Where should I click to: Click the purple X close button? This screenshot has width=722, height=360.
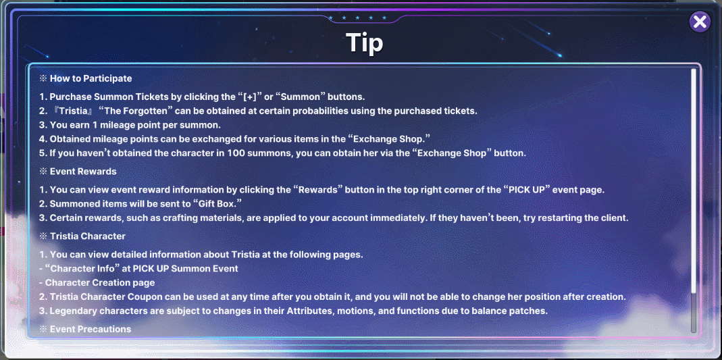(x=700, y=22)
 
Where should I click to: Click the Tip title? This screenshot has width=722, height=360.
(x=364, y=43)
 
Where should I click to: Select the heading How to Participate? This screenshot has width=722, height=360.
(x=91, y=78)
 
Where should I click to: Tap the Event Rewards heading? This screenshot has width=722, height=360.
(x=83, y=172)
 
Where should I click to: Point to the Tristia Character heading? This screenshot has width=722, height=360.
(x=88, y=236)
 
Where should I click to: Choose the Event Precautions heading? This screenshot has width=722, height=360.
(x=91, y=329)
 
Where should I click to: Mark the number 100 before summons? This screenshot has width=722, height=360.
(x=234, y=153)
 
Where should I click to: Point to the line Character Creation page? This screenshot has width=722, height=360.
(x=99, y=282)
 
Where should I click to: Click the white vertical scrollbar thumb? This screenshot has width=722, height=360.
(x=694, y=180)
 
